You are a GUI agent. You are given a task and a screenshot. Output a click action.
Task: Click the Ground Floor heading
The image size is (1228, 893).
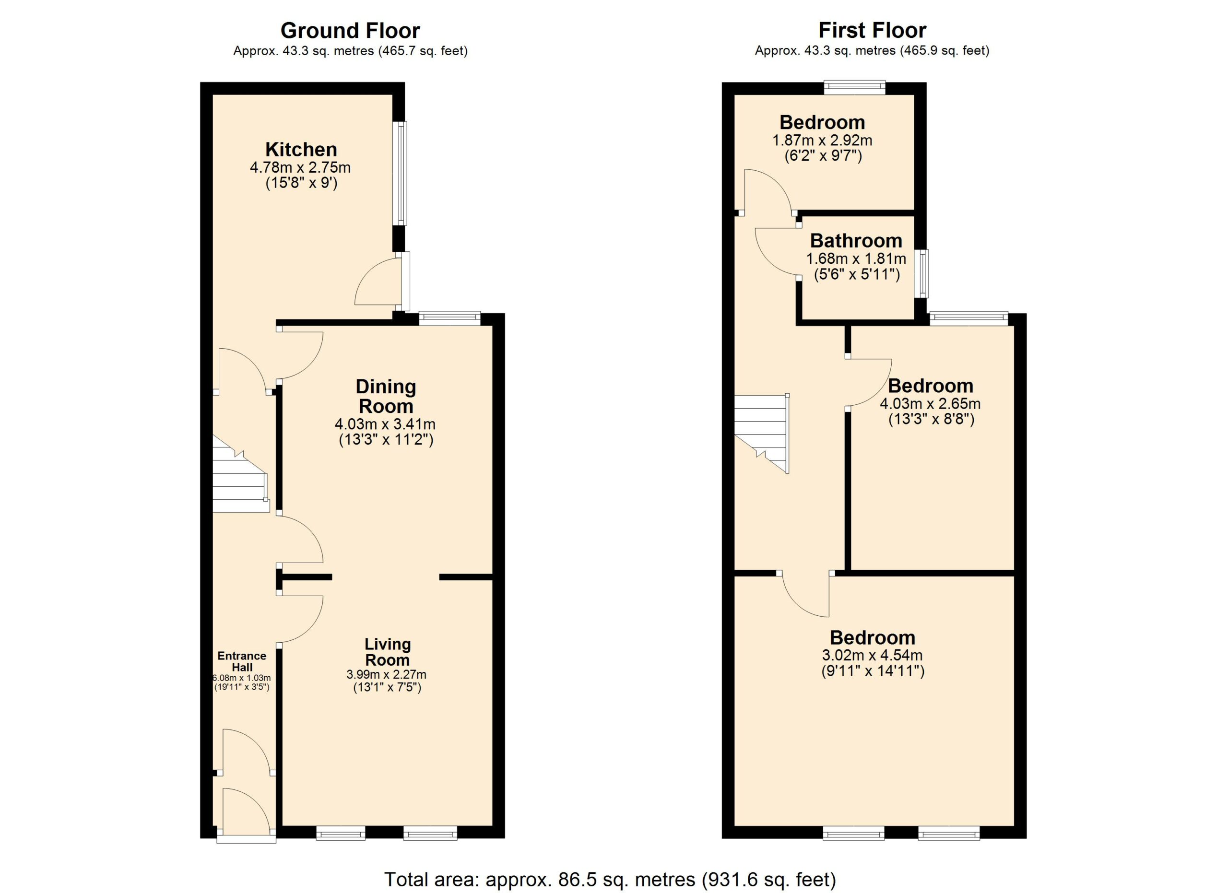[x=350, y=31]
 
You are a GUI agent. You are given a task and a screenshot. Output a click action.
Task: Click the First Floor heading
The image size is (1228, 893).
[x=872, y=30]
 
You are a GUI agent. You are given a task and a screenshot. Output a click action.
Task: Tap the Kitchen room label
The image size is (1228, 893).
[x=301, y=149]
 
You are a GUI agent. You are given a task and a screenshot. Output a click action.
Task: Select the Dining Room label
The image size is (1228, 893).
[x=386, y=396]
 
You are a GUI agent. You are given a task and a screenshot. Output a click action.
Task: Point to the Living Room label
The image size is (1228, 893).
[x=387, y=652]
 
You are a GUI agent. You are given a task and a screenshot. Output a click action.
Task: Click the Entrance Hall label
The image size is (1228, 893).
[x=242, y=661]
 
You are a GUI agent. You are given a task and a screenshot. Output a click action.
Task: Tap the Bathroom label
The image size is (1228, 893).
[x=856, y=240]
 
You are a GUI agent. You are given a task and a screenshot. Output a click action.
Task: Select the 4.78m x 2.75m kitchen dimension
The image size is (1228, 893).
[x=300, y=167]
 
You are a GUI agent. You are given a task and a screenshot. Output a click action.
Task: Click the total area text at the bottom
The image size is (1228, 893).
[x=610, y=879]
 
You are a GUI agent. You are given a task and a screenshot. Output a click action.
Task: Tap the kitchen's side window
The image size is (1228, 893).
[x=401, y=173]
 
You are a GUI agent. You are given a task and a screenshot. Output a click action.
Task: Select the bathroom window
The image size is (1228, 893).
[x=921, y=273]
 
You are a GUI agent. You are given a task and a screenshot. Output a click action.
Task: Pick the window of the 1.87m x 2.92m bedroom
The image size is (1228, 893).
[x=854, y=88]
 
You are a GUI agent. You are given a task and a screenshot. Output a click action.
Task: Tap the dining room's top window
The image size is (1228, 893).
[x=450, y=318]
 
